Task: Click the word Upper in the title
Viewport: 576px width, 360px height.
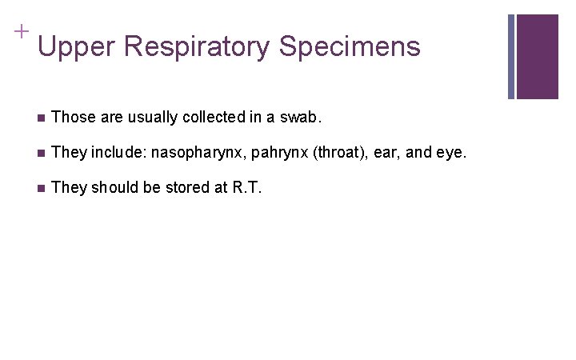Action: [77, 46]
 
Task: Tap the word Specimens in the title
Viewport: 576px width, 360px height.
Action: [350, 46]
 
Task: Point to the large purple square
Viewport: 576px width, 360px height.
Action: [538, 56]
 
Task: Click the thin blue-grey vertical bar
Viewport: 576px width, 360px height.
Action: [511, 56]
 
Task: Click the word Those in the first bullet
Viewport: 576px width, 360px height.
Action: [70, 118]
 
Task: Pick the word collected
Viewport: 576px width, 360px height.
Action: [214, 118]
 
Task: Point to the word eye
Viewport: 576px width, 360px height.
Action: [450, 152]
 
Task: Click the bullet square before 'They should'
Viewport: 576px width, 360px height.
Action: [40, 188]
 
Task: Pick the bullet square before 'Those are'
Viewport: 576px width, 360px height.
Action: [40, 118]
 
